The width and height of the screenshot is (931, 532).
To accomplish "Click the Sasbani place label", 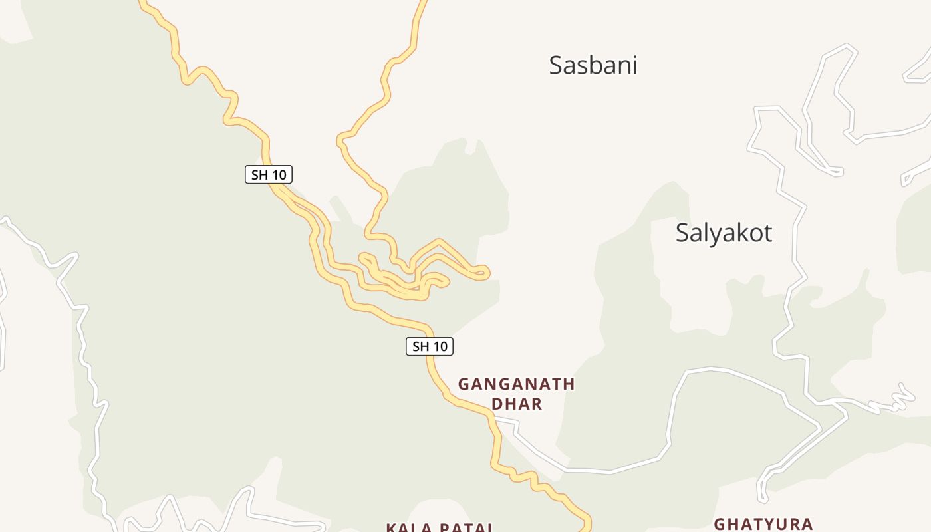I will tap(593, 65).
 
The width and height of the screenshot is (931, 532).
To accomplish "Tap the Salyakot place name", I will tap(724, 233).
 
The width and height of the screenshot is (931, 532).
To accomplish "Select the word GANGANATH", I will tap(516, 384).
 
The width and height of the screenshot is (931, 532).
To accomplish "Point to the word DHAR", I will tap(517, 404).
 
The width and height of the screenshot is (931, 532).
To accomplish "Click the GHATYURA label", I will tap(763, 524).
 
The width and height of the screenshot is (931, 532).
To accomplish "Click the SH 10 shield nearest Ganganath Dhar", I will tap(430, 346).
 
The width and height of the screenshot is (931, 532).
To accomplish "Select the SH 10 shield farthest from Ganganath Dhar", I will tap(269, 175).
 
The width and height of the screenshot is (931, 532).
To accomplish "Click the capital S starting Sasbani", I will tap(556, 65).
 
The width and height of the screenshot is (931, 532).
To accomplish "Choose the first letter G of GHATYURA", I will tap(720, 524).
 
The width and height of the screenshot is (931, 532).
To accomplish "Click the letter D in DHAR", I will tap(497, 404).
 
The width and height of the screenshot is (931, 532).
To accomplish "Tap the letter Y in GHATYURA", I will tap(763, 524).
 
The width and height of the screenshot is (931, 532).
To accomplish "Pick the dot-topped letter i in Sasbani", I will tap(634, 65).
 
